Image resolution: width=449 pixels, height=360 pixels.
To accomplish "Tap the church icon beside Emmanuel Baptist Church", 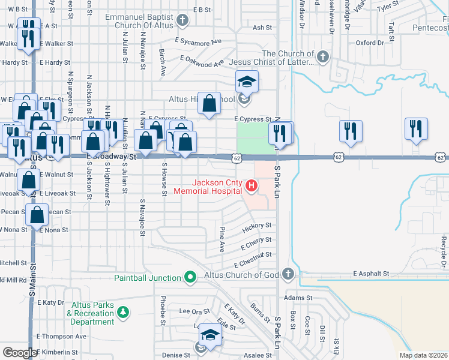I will coord(183,22).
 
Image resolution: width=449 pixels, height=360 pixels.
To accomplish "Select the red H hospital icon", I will coord(251,187).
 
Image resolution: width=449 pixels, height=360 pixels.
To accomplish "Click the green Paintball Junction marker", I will coord(190,277).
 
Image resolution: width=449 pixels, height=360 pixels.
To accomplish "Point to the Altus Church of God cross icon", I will coord(288,275).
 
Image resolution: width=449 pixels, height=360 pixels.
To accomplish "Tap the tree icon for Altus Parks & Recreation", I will coord(122,312).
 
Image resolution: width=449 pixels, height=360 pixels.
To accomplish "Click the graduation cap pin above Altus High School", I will coord(246,82).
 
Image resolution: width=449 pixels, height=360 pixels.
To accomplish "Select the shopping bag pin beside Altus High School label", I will coord(209,103).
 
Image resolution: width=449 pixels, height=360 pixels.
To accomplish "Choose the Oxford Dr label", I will coord(370,43).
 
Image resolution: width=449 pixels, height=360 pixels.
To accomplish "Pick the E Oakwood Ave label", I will coord(203,61).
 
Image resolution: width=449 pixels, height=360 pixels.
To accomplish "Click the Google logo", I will coord(20,353).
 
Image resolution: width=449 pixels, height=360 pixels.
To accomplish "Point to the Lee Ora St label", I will coord(195,311).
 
